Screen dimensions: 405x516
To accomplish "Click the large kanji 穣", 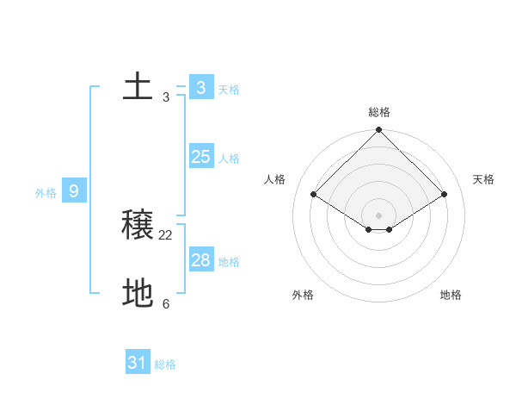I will (138, 225).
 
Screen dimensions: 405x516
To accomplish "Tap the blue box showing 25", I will (201, 156).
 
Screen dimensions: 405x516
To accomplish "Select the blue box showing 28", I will (201, 259).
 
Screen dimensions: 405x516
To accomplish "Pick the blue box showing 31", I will (138, 363).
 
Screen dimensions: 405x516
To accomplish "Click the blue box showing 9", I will (74, 190).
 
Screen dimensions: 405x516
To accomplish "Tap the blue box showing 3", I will (201, 87).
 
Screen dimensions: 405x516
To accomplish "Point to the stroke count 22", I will (166, 234).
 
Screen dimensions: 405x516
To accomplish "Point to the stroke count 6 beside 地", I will (166, 303).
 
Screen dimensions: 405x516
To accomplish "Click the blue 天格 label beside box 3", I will (229, 90).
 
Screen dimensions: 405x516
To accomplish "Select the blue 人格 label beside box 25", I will (229, 159).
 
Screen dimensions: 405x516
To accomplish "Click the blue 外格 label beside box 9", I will (46, 193).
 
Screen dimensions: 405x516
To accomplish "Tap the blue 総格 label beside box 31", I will (165, 365).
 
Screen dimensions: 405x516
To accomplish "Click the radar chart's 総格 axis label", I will (379, 112).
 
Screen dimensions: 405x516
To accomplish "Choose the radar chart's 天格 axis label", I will (484, 179).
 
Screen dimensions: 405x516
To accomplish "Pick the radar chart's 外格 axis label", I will (303, 295).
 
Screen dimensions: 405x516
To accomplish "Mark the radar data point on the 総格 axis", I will (379, 130).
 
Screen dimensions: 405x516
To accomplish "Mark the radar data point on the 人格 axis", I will (314, 195).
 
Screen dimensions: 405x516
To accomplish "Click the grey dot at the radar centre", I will (379, 215).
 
